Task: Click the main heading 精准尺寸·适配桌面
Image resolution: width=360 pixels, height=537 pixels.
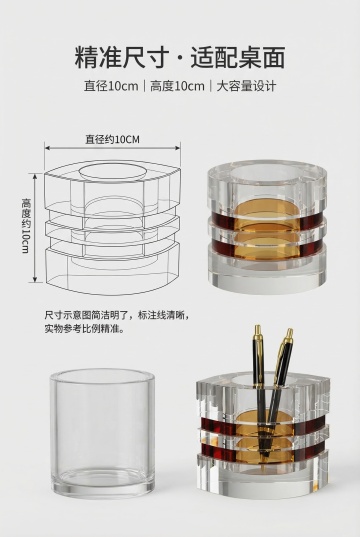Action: point(180,57)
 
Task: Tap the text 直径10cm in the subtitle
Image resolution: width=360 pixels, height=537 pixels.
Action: point(111,86)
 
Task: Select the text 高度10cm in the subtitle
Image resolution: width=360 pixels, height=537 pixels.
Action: point(177,86)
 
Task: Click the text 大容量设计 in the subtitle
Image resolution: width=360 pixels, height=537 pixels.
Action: point(246,86)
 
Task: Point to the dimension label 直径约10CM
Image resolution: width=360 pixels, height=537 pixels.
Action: point(112,139)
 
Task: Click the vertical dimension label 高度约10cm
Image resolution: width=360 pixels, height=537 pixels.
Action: point(26,226)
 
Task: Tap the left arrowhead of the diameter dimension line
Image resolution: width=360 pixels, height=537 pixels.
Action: point(48,148)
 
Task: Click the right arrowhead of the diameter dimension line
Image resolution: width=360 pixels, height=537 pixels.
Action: point(177,148)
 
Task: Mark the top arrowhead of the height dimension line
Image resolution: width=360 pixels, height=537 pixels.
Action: point(35,176)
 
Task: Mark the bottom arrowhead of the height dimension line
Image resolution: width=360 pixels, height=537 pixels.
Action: point(35,279)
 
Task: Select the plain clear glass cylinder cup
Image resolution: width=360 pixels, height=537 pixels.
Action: point(102,433)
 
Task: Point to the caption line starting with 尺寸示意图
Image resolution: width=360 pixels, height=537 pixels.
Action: point(117,315)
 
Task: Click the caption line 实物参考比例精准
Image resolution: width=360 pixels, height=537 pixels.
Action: point(84,329)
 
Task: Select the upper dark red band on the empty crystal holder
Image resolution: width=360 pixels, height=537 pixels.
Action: point(267,220)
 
